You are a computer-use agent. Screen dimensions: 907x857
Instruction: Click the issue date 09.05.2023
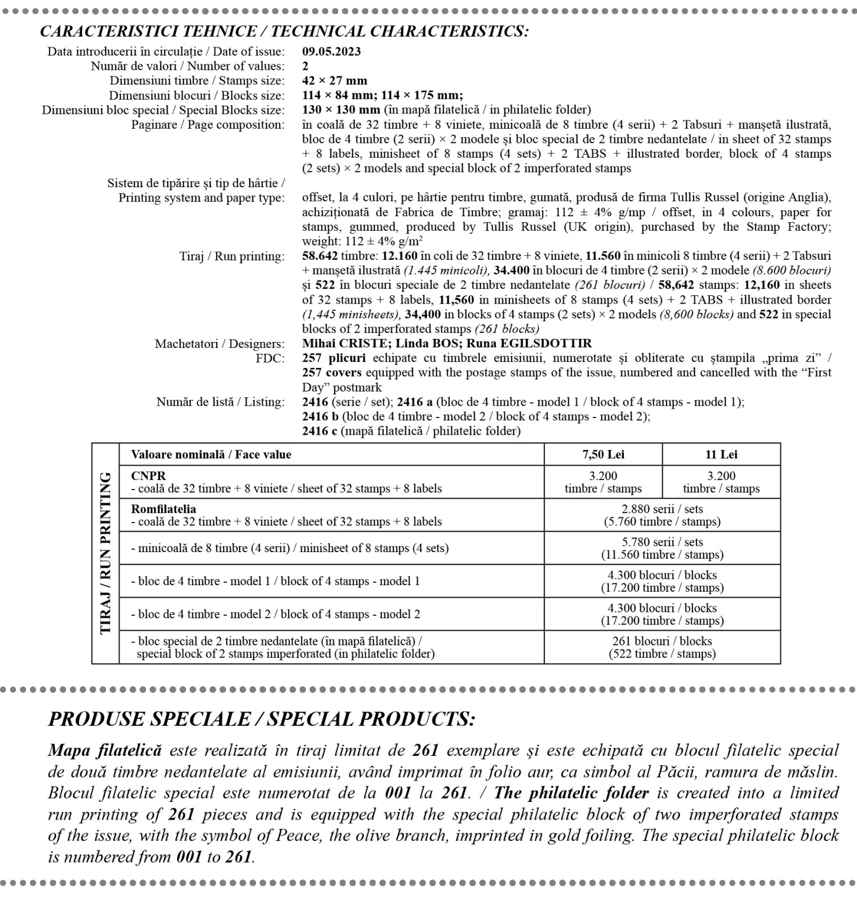tap(331, 51)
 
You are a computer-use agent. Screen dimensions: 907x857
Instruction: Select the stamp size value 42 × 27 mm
tap(334, 81)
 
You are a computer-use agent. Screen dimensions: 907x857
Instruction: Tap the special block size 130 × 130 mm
tap(341, 110)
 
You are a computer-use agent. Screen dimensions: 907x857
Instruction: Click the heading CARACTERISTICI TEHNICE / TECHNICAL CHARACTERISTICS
tap(284, 31)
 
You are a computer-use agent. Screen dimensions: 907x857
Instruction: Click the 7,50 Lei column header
tap(603, 455)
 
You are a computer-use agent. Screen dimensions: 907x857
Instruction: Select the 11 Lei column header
tap(721, 455)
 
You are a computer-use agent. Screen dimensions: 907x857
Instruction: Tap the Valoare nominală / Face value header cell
tap(211, 455)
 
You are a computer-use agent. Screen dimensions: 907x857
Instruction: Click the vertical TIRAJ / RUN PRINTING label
tap(106, 553)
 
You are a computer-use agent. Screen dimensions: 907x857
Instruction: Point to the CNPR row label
tap(149, 476)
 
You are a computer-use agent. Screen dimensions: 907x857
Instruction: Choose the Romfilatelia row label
tap(163, 509)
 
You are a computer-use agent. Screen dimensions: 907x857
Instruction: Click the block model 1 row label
tap(275, 581)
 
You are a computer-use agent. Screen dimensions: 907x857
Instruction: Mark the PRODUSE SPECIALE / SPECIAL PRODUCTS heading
tap(261, 719)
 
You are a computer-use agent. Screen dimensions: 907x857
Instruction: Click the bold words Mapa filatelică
tap(104, 751)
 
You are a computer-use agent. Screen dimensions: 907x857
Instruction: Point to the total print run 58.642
tap(320, 256)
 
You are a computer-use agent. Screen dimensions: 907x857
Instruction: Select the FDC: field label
tap(270, 358)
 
